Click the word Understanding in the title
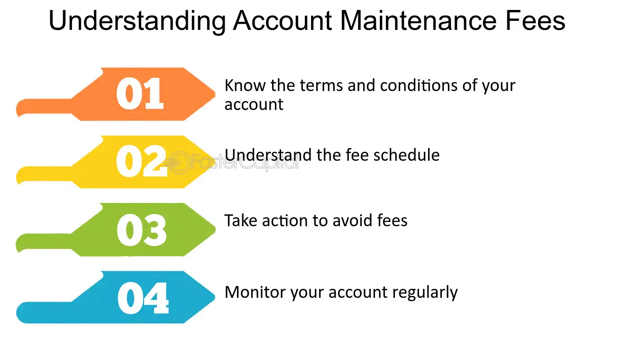(x=137, y=21)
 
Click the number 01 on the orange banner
(x=140, y=93)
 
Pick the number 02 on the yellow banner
(x=141, y=162)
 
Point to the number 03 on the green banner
(x=141, y=231)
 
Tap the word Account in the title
(x=283, y=21)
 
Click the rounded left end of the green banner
(x=20, y=243)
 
